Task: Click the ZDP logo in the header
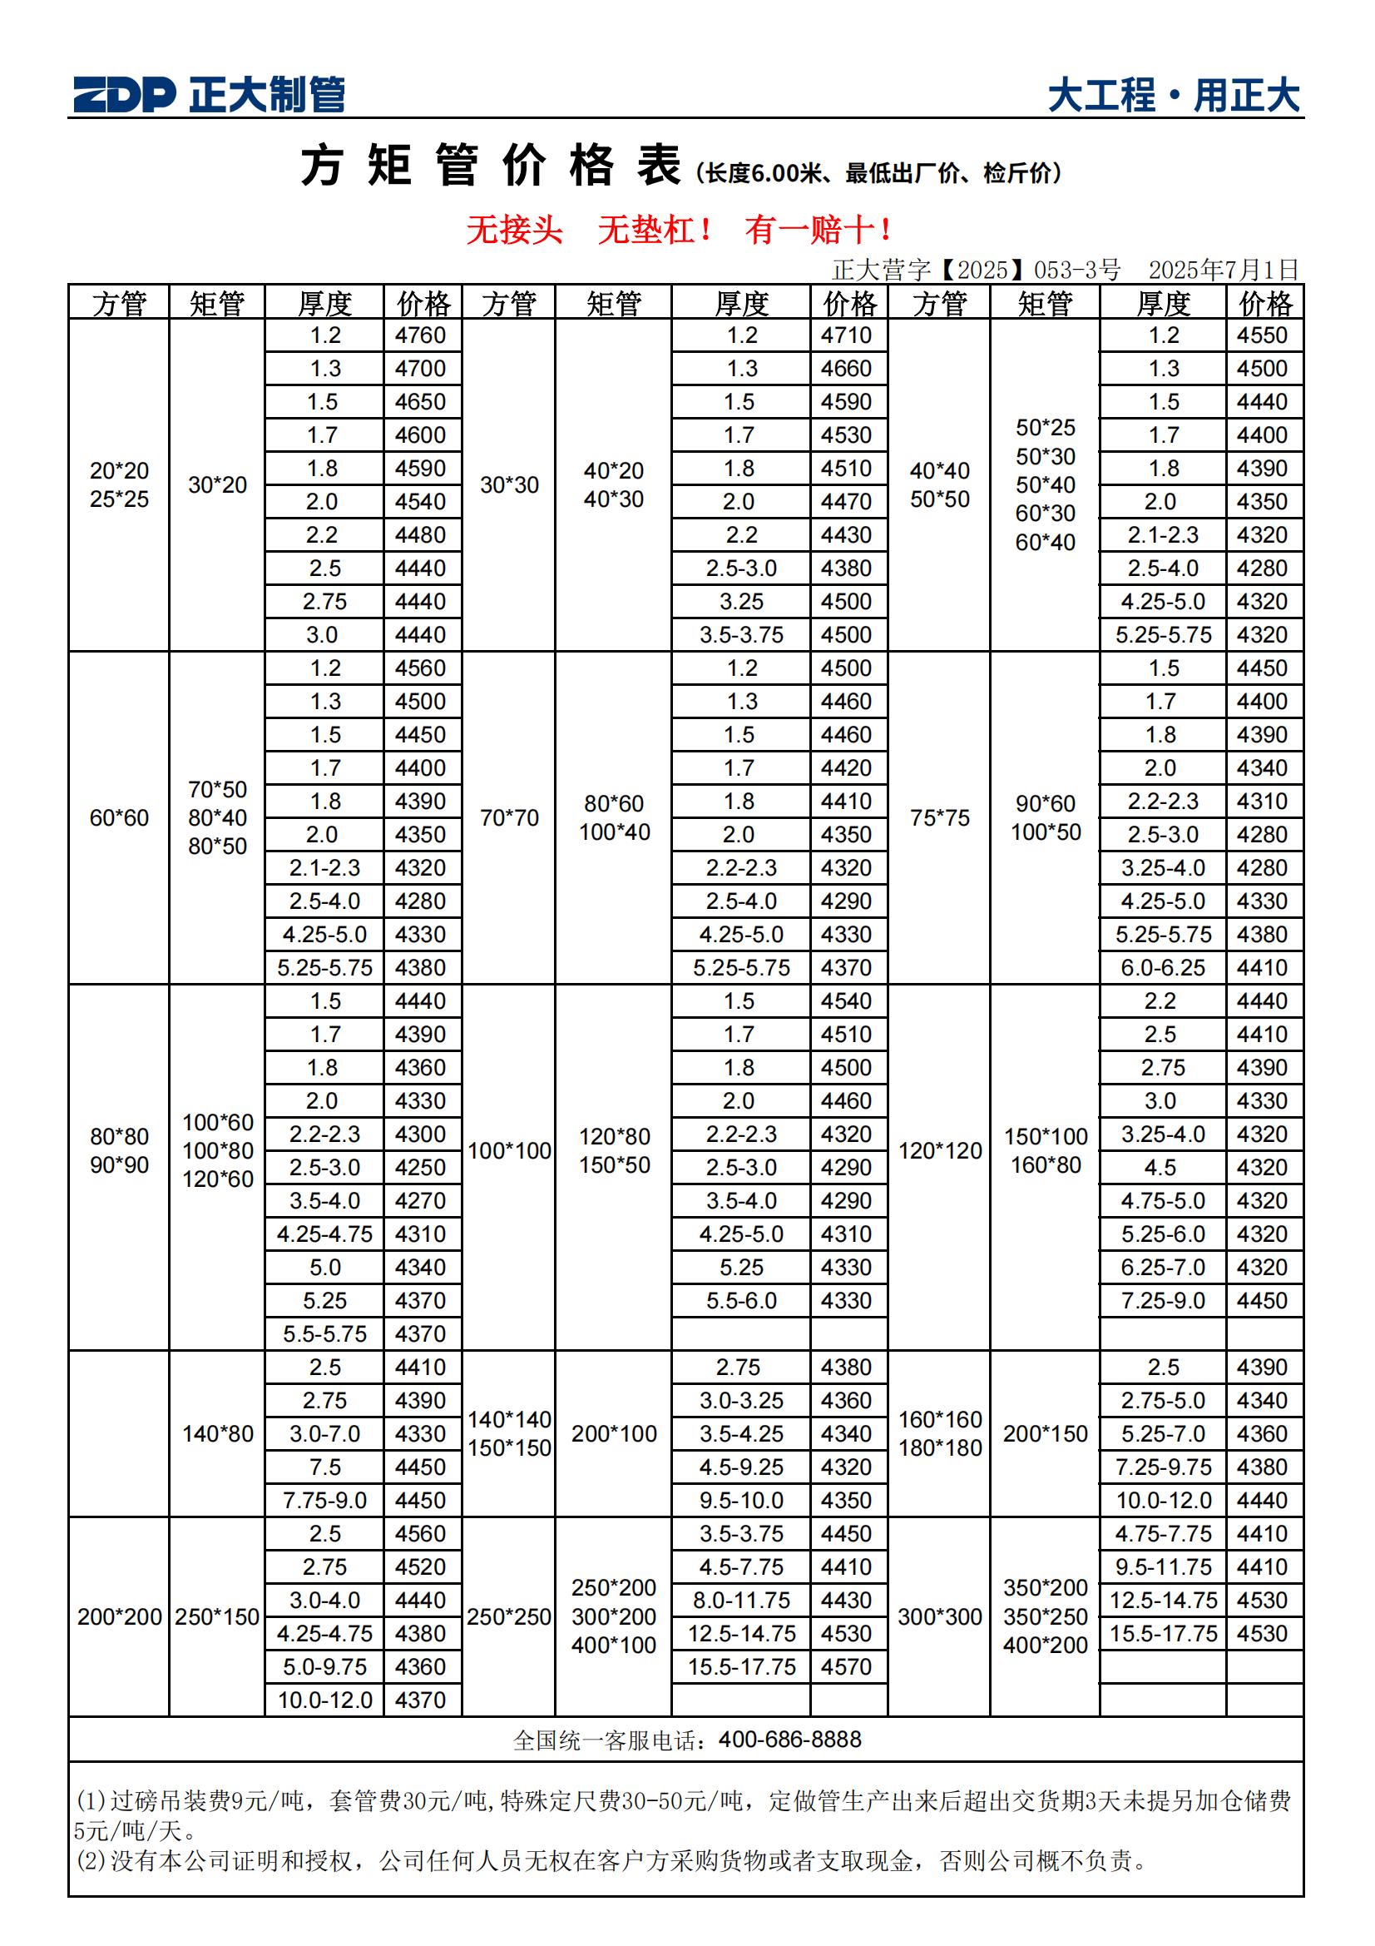[124, 94]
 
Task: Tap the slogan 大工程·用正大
[1174, 96]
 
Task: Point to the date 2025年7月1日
[1223, 270]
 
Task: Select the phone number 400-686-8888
[789, 1740]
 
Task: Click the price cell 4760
[420, 335]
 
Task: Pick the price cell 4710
[846, 335]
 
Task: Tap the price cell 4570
[846, 1666]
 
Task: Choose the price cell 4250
[420, 1167]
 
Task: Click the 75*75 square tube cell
[939, 818]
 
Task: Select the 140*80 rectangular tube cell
[218, 1433]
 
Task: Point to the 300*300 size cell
[939, 1616]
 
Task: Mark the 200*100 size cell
[613, 1433]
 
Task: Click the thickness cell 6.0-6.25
[1162, 967]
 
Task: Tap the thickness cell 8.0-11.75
[741, 1601]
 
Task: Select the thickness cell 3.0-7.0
[324, 1433]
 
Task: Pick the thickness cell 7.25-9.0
[1162, 1300]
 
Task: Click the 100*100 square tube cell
[509, 1151]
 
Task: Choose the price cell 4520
[420, 1566]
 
